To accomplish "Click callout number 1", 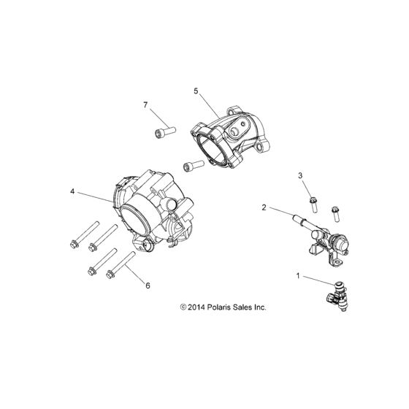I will click(x=298, y=275).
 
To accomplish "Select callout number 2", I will click(x=264, y=207).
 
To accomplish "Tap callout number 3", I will click(x=299, y=176).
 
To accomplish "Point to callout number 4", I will click(x=72, y=191).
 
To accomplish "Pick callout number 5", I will click(x=196, y=91).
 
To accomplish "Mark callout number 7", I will click(x=146, y=106).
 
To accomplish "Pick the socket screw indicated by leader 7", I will click(x=162, y=132).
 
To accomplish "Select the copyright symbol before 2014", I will click(x=173, y=307).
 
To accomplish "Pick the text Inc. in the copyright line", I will click(x=261, y=307).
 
